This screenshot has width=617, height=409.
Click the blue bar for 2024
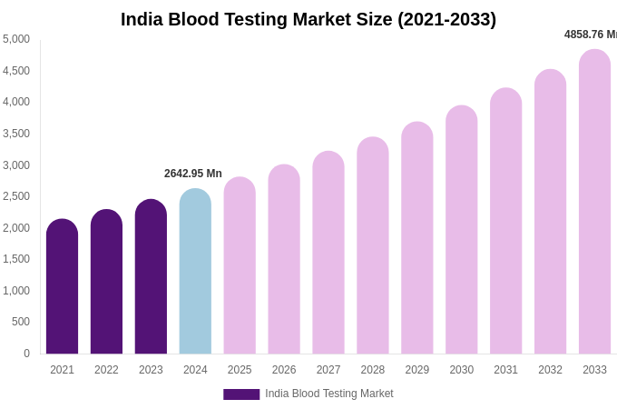click(x=195, y=273)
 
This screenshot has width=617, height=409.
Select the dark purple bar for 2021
click(x=62, y=287)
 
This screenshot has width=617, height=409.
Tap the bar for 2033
click(x=594, y=202)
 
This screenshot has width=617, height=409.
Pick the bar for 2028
click(x=373, y=245)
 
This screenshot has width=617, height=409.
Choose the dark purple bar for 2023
click(x=151, y=277)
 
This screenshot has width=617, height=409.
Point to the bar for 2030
click(x=461, y=230)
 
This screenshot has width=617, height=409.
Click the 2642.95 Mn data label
click(x=193, y=174)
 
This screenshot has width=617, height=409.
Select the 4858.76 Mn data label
click(x=590, y=35)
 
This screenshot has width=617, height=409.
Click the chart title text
click(x=308, y=19)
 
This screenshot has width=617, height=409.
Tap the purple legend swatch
click(x=241, y=394)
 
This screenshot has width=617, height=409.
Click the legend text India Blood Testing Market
click(x=329, y=394)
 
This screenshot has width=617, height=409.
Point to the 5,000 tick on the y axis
click(x=16, y=39)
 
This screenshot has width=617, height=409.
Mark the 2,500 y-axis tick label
click(x=16, y=196)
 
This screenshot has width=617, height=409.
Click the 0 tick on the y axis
click(x=26, y=354)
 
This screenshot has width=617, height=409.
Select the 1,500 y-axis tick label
click(x=16, y=259)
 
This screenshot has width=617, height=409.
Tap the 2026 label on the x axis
click(x=284, y=370)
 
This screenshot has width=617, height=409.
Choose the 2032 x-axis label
click(x=550, y=370)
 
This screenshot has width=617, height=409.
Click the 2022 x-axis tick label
click(x=106, y=370)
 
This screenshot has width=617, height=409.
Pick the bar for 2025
click(x=240, y=266)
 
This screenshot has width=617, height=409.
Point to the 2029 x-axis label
click(x=417, y=370)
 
